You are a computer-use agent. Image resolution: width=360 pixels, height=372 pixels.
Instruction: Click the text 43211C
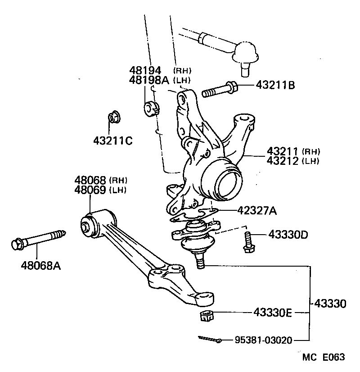tap(113, 141)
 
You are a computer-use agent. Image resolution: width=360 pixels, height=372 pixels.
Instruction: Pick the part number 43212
tap(282, 160)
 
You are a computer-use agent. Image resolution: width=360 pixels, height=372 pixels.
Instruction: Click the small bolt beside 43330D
tap(247, 242)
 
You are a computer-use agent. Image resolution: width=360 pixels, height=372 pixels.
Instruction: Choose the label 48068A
tap(40, 265)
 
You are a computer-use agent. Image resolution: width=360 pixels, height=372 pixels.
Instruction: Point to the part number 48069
tap(90, 190)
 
